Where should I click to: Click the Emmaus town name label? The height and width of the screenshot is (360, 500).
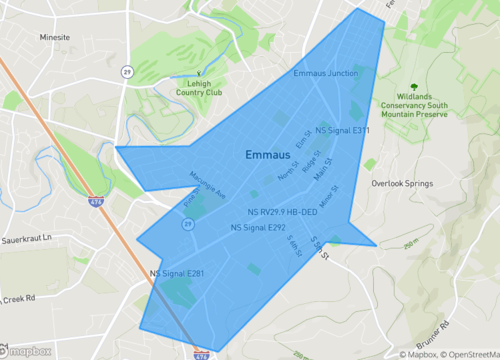click(x=269, y=155)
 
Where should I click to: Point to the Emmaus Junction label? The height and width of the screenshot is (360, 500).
click(x=326, y=74)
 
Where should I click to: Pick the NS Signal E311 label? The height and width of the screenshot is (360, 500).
click(x=342, y=130)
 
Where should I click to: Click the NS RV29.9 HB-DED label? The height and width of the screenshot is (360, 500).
click(x=282, y=213)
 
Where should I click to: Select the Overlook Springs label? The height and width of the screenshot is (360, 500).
click(x=401, y=184)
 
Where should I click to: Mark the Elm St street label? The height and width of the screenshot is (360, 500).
click(x=304, y=142)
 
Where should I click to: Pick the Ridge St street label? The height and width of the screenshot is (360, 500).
click(x=311, y=159)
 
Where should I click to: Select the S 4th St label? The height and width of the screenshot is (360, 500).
click(x=294, y=245)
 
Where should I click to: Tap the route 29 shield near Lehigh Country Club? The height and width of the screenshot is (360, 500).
click(x=127, y=72)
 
